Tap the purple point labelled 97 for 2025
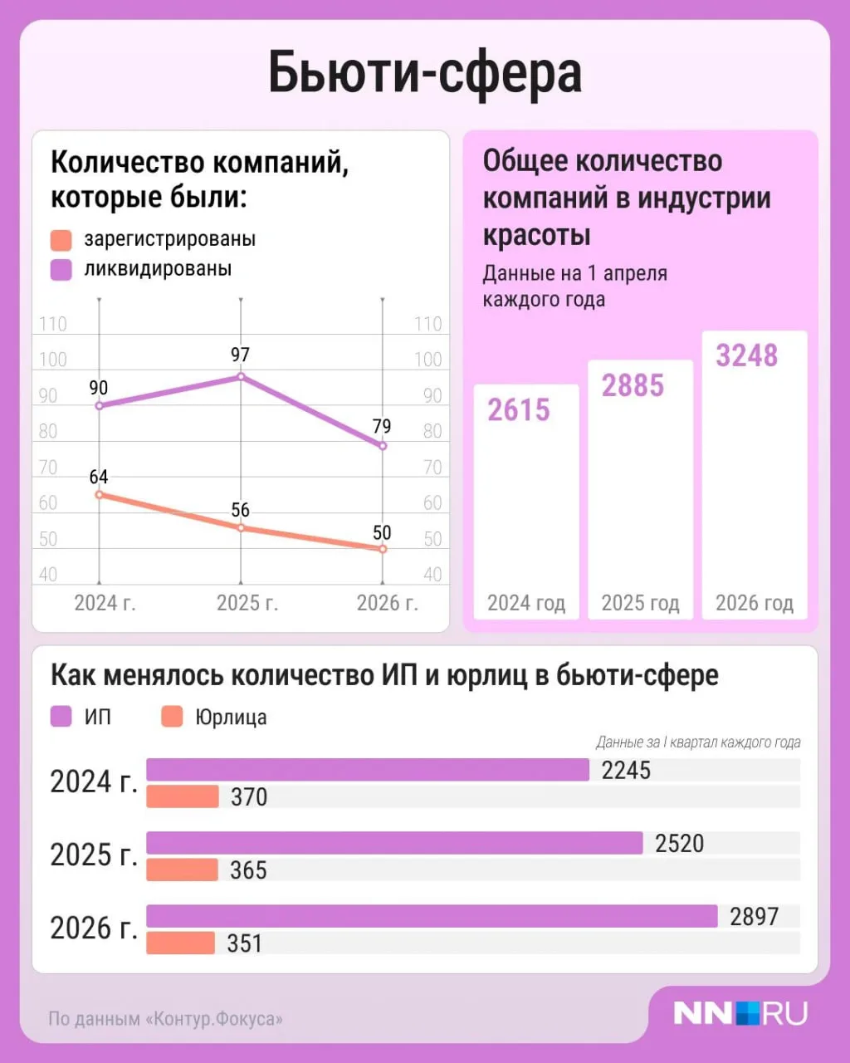(241, 376)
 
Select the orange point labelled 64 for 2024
(100, 494)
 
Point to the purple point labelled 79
(383, 446)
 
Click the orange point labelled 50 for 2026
(383, 549)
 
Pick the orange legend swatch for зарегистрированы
(61, 240)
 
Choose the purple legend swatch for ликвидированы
(61, 270)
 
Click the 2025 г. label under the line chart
(247, 603)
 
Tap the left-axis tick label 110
(53, 324)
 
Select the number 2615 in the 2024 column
(519, 410)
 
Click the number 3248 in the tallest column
(747, 355)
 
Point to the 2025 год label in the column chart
(640, 603)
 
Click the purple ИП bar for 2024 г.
(368, 770)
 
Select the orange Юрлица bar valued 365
(183, 870)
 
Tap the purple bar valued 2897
(432, 916)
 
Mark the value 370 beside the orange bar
(249, 796)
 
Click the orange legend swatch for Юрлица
(172, 717)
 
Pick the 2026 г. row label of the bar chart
(94, 928)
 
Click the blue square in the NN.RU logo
(747, 1013)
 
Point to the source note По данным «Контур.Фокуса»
(165, 1018)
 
